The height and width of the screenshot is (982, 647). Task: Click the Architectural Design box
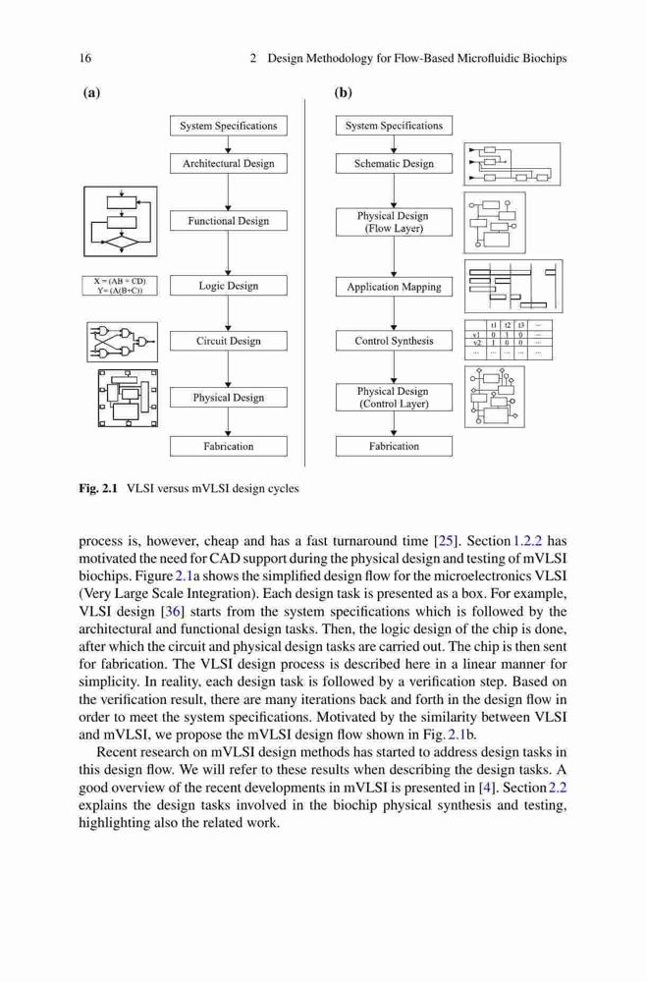pyautogui.click(x=228, y=163)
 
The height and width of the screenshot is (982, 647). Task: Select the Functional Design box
pyautogui.click(x=228, y=220)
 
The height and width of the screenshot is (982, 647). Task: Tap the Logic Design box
pyautogui.click(x=228, y=286)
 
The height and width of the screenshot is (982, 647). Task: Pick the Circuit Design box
pyautogui.click(x=228, y=341)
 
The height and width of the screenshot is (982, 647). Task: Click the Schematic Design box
pyautogui.click(x=394, y=163)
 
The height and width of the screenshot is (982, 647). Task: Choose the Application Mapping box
pyautogui.click(x=394, y=287)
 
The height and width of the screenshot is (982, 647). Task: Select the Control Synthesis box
pyautogui.click(x=394, y=341)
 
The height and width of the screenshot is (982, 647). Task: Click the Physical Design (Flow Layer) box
pyautogui.click(x=394, y=222)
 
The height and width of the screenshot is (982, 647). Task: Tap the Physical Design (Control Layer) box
pyautogui.click(x=394, y=397)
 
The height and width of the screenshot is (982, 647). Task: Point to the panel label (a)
pyautogui.click(x=91, y=92)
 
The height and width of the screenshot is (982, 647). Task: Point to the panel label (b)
pyautogui.click(x=344, y=92)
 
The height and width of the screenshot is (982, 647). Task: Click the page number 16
pyautogui.click(x=85, y=58)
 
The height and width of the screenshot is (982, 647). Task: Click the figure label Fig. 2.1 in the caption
pyautogui.click(x=98, y=488)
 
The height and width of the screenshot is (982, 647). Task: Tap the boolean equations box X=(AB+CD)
pyautogui.click(x=119, y=286)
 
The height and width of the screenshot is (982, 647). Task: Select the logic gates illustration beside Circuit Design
pyautogui.click(x=122, y=342)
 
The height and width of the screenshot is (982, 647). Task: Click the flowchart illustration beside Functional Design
pyautogui.click(x=120, y=221)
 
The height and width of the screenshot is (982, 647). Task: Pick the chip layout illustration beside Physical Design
pyautogui.click(x=128, y=399)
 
